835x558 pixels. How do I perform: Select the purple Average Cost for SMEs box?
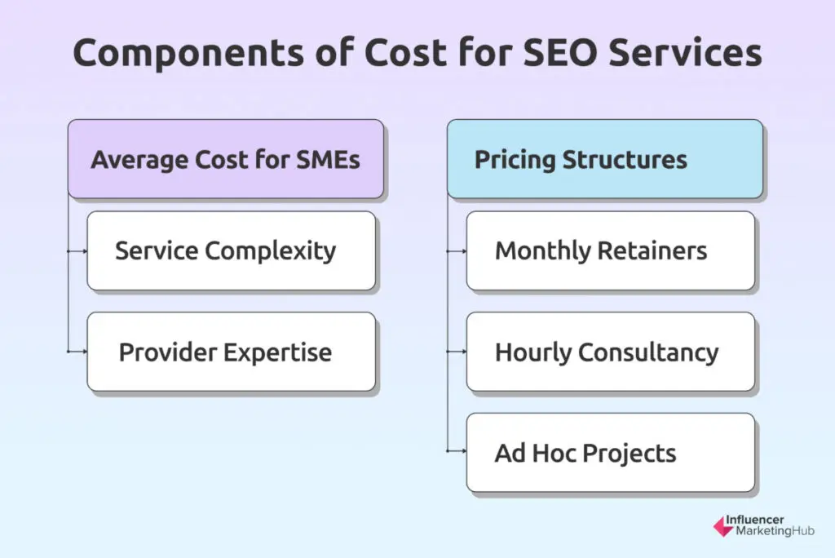[x=225, y=159]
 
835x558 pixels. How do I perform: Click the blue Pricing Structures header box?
[x=604, y=159]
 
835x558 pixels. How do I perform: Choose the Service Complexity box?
[x=231, y=251]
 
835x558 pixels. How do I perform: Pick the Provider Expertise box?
[x=231, y=352]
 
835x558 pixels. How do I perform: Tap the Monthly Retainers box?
[x=610, y=251]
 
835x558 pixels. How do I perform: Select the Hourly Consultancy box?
[x=610, y=352]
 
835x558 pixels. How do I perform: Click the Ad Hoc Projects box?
[x=610, y=453]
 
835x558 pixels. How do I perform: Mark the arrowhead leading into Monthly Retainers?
[x=463, y=251]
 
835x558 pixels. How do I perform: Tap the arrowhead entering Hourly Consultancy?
[x=463, y=352]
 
